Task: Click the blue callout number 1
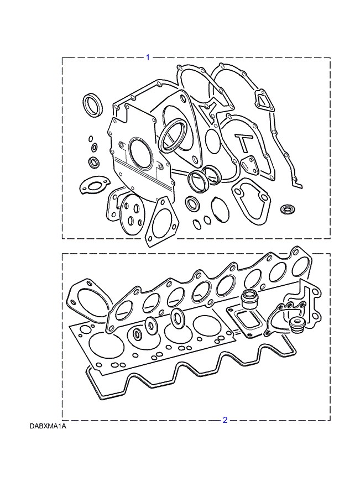tap(148, 57)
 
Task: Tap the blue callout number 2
tap(225, 420)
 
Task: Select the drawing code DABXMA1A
tap(48, 426)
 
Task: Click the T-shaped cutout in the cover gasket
tap(243, 142)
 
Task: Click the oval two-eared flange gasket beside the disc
tap(92, 185)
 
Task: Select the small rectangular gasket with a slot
tap(248, 165)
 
